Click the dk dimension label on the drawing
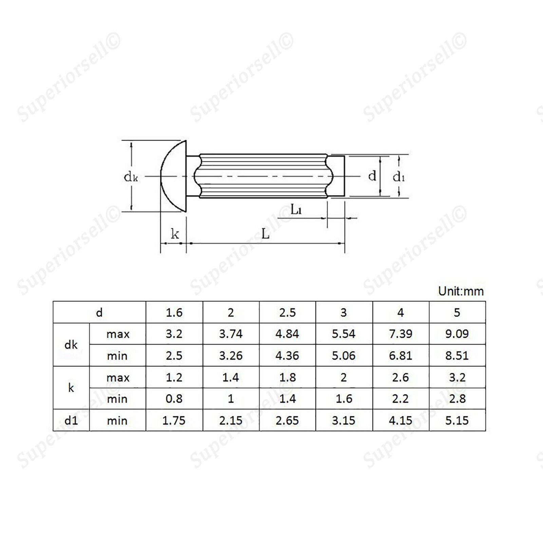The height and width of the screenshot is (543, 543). (131, 177)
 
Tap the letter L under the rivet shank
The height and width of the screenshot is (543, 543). (265, 233)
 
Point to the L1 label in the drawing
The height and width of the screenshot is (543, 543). (296, 209)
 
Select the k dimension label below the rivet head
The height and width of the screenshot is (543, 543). (175, 233)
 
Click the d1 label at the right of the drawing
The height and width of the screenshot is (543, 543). (399, 176)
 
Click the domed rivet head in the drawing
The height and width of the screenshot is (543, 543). (173, 176)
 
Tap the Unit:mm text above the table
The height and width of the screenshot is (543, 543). (461, 291)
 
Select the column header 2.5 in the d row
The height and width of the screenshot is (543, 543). (287, 312)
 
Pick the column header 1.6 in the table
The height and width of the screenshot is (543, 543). (174, 312)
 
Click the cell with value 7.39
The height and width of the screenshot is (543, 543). (401, 334)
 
